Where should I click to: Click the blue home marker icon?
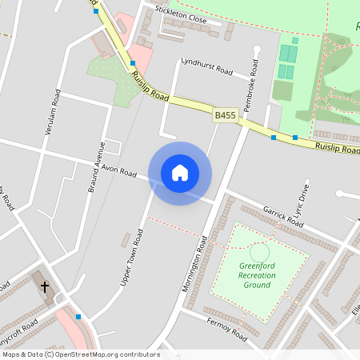(180, 173)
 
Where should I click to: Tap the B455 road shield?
(226, 116)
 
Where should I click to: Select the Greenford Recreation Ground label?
(258, 275)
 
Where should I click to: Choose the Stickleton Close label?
(181, 14)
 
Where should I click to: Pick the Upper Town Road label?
(132, 258)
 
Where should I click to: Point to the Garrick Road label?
(284, 212)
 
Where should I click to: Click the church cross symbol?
(45, 286)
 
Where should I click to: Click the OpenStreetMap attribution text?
(80, 354)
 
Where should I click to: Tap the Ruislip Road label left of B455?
(150, 85)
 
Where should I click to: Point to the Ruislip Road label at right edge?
(337, 148)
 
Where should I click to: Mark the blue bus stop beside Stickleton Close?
(96, 11)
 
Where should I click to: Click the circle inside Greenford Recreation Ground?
(258, 251)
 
